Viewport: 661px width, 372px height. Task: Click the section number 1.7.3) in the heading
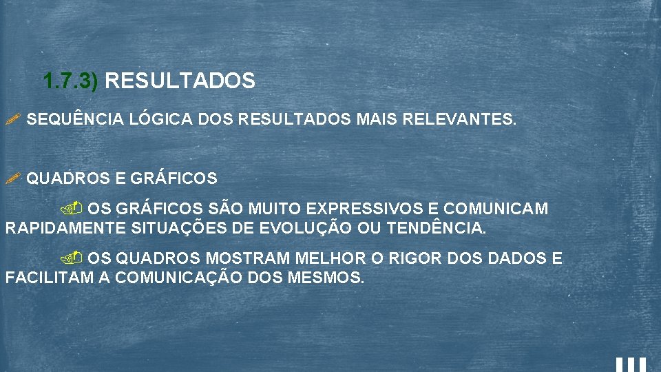tap(71, 82)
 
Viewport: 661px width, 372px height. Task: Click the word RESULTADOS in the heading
tap(180, 82)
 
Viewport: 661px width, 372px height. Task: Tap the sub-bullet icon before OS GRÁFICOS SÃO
tap(74, 207)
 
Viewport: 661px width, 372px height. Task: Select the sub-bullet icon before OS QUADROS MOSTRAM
tap(74, 258)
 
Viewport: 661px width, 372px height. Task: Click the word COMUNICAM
tap(496, 208)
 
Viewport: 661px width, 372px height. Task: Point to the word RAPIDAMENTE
tap(65, 228)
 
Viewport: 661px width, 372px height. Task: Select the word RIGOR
tap(417, 259)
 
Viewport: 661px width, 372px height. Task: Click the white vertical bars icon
tap(631, 364)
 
